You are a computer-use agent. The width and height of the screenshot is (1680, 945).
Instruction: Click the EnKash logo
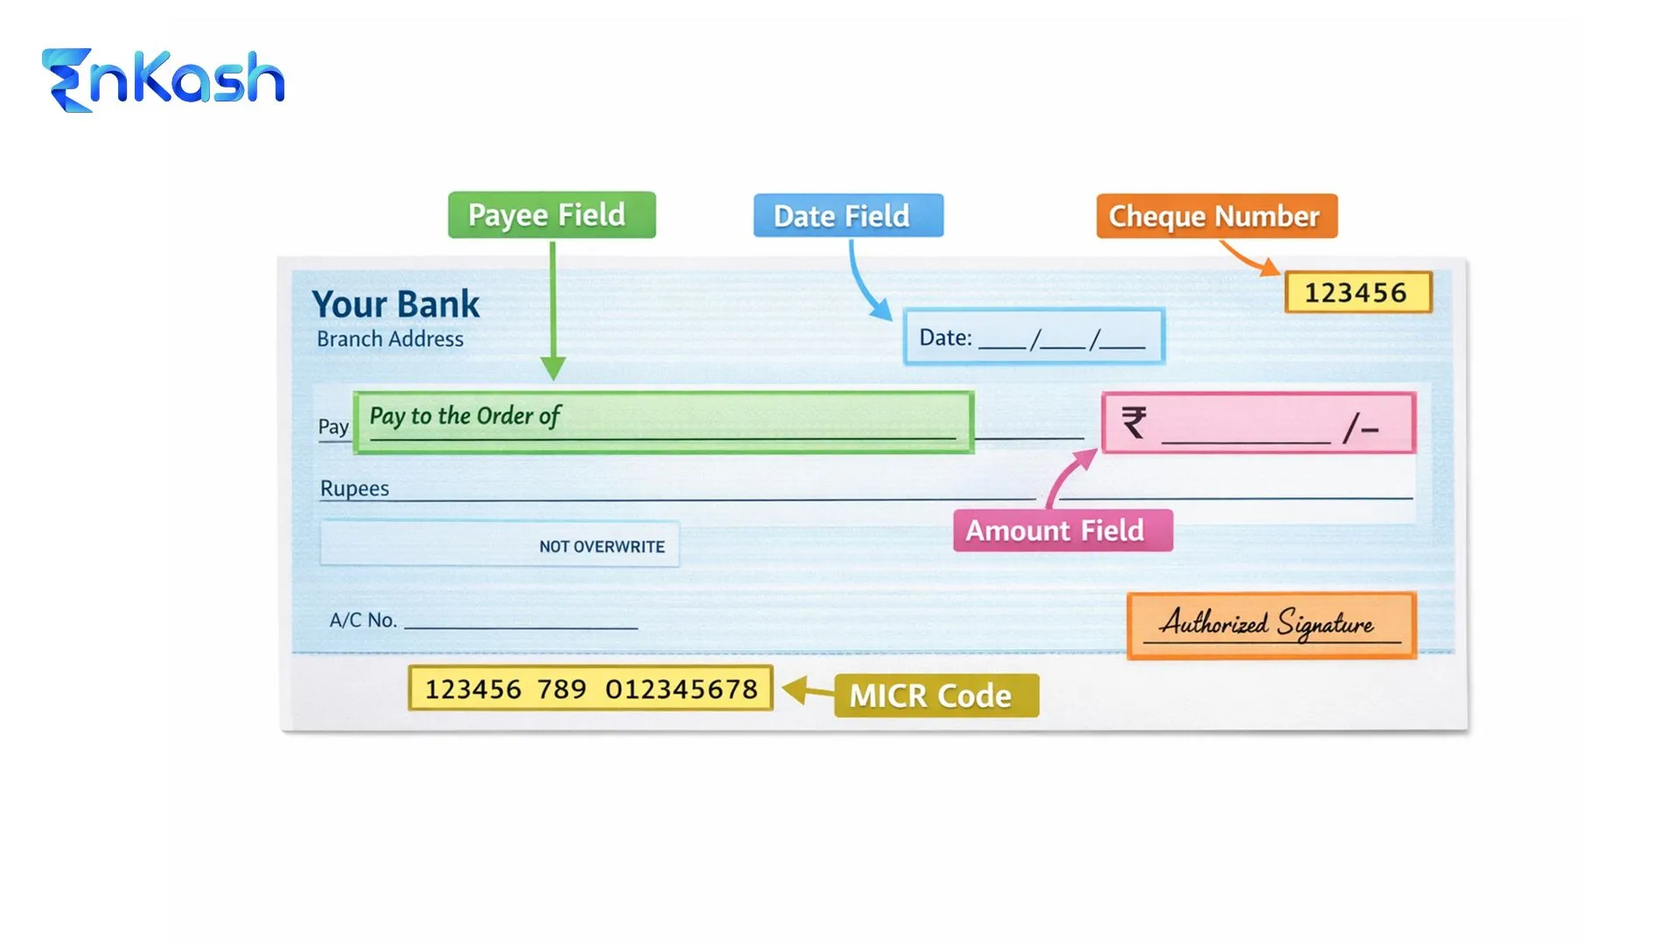pos(164,80)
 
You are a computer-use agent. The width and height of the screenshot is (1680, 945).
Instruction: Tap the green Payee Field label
pos(551,215)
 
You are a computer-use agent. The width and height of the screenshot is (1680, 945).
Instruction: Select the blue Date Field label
pos(848,216)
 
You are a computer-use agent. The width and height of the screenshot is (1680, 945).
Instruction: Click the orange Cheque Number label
pos(1216,216)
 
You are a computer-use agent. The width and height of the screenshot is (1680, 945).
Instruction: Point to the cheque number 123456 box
pos(1357,292)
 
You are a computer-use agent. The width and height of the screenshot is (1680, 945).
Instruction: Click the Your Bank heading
pos(395,304)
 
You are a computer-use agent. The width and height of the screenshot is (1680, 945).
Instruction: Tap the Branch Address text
pos(390,339)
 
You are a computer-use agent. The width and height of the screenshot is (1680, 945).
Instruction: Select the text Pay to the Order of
pos(465,416)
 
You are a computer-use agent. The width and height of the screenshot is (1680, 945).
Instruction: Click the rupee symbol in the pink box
pos(1134,423)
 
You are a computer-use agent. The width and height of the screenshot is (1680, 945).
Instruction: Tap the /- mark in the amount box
pos(1361,428)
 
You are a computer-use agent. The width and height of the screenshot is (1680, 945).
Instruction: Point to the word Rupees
pos(354,488)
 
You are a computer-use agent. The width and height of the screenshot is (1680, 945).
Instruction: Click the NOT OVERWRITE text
pos(602,547)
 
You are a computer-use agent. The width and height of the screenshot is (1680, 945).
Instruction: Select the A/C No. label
pos(363,620)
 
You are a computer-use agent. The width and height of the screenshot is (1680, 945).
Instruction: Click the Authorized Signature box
pos(1270,625)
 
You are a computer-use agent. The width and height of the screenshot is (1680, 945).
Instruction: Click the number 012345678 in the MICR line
pos(682,689)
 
